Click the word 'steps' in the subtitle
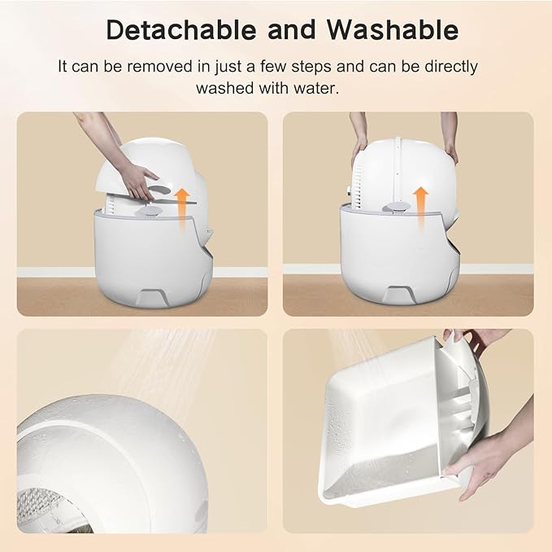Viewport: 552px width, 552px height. [x=359, y=67]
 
